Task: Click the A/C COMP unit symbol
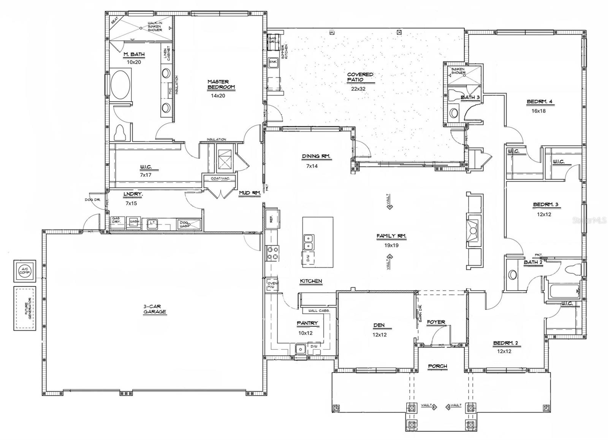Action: pos(25,270)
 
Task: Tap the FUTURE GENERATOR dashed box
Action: pos(25,308)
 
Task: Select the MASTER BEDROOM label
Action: pos(221,84)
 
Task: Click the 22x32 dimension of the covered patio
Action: pos(358,89)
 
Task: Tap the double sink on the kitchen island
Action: pos(309,242)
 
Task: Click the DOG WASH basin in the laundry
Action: pos(188,224)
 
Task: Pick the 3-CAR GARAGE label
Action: pos(155,309)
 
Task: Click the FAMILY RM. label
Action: pos(391,237)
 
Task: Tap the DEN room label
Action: pos(379,325)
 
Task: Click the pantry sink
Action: pos(300,348)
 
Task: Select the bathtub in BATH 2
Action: pos(563,291)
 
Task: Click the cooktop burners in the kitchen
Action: pos(272,254)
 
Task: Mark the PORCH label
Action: pos(437,366)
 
